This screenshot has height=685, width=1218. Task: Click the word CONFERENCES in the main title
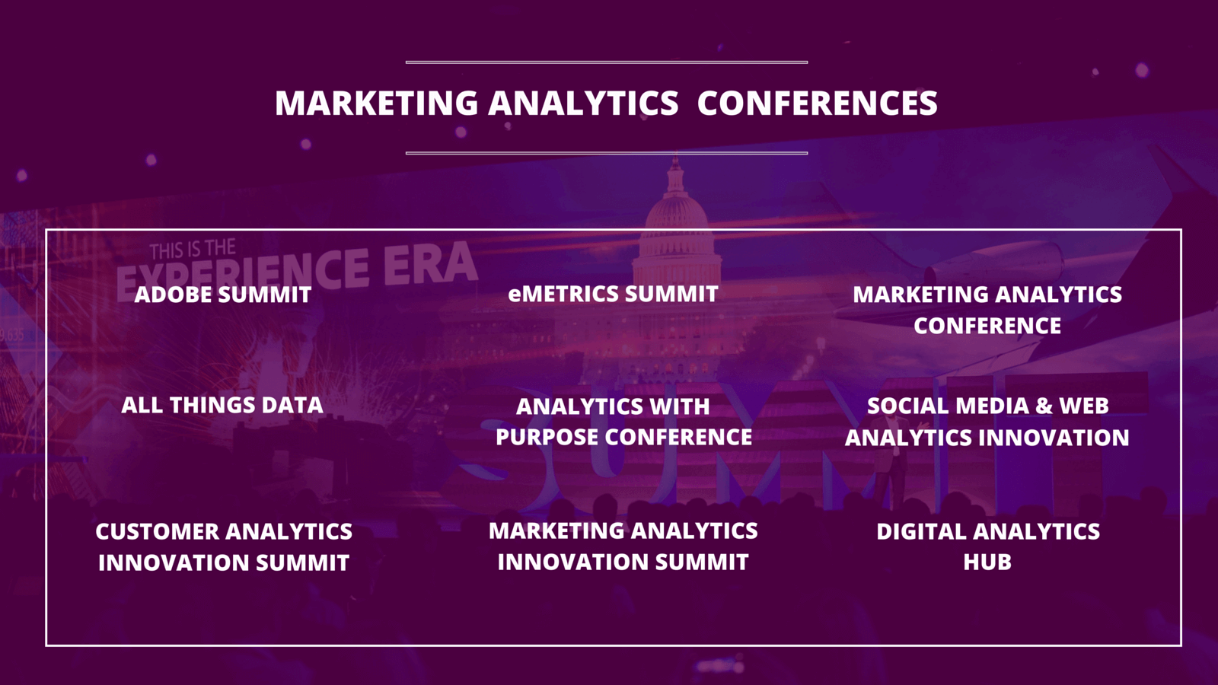[x=818, y=103]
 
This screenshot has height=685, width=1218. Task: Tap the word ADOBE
[x=172, y=295]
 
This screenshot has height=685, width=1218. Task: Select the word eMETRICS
[x=563, y=294]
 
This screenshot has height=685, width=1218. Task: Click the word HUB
[x=987, y=562]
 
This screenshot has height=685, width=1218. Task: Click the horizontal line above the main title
[x=607, y=62]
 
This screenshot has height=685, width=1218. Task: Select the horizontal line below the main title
[x=607, y=153]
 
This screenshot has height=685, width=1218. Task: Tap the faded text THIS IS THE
[x=193, y=250]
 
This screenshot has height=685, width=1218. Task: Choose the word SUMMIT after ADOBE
[x=265, y=295]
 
